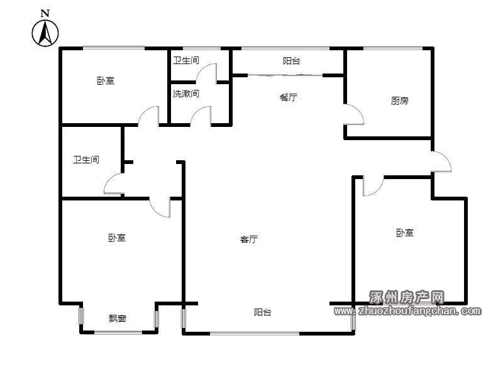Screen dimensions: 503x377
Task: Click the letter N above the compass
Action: pos(45,13)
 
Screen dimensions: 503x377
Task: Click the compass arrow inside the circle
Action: pos(45,33)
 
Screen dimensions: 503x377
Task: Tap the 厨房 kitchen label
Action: pos(400,101)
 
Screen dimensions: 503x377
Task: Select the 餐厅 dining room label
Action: pos(289,97)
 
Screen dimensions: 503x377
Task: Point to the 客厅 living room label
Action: pos(249,239)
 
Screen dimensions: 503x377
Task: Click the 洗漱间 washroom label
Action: pos(186,94)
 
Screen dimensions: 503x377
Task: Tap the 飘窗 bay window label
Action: pos(118,319)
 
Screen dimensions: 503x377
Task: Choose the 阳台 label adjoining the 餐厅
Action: pos(292,61)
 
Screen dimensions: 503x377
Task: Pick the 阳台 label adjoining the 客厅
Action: pos(263,312)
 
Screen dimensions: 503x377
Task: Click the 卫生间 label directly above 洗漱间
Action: pos(186,60)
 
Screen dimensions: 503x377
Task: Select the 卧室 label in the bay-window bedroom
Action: pos(117,238)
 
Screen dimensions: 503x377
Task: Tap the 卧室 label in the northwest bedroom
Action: pos(106,80)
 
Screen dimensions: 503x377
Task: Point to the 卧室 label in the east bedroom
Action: pos(405,232)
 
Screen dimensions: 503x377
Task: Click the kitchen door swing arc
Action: pos(359,111)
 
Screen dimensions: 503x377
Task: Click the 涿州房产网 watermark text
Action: pos(407,297)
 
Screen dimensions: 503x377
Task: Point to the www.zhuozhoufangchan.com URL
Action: pos(407,310)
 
